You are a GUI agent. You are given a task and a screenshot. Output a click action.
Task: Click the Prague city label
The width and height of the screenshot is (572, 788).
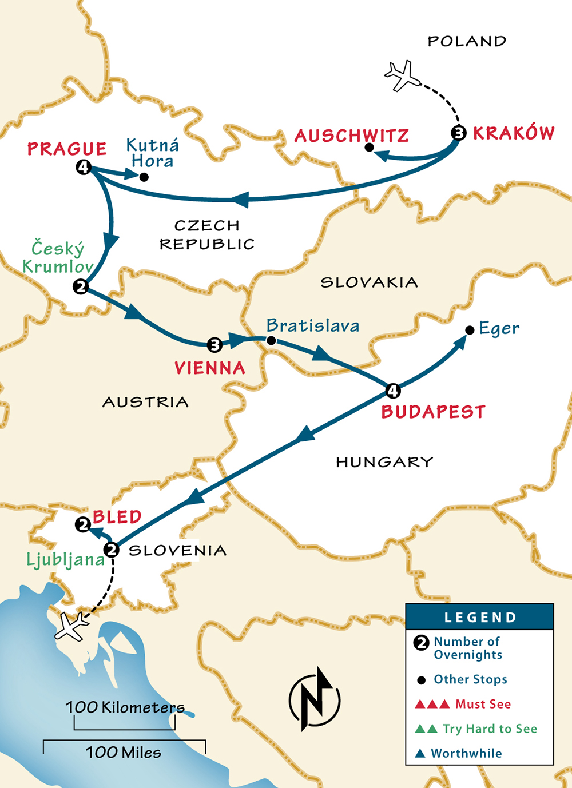click(67, 149)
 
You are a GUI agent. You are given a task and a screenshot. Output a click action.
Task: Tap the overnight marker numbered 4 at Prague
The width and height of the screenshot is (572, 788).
click(84, 167)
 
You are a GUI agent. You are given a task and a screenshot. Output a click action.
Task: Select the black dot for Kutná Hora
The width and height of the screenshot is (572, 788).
click(144, 177)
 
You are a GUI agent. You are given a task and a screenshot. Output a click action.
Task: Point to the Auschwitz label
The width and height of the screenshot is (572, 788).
click(352, 136)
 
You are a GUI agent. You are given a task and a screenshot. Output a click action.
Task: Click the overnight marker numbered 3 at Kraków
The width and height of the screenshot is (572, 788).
click(458, 133)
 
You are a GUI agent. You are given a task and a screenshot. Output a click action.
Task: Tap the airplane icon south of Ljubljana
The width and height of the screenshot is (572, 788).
click(72, 626)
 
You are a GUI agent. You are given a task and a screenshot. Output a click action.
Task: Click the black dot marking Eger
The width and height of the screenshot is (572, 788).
click(470, 330)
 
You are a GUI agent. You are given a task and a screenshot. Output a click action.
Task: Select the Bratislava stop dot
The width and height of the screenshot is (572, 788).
click(271, 341)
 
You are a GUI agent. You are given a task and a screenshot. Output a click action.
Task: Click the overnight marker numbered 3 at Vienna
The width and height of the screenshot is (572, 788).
click(214, 344)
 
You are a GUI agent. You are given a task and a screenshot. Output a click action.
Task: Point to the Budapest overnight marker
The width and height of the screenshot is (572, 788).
click(392, 391)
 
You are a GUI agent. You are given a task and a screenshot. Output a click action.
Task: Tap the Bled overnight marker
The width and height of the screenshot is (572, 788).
click(83, 524)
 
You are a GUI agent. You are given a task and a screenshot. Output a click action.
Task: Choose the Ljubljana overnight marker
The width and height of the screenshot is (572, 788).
click(112, 550)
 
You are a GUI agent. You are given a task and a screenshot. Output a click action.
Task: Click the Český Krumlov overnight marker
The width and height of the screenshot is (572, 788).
click(81, 286)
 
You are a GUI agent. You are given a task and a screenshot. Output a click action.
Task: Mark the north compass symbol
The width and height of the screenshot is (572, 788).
click(314, 699)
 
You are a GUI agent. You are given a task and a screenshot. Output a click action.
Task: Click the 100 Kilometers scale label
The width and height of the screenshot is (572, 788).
click(125, 707)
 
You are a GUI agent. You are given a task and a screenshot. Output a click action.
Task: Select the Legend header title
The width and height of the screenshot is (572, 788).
click(480, 618)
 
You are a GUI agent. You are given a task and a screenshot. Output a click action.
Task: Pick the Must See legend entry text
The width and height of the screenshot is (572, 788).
click(483, 704)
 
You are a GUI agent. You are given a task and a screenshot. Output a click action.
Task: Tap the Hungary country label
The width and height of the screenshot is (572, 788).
click(384, 462)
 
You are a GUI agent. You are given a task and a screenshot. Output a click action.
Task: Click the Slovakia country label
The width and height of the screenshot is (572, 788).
click(369, 282)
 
